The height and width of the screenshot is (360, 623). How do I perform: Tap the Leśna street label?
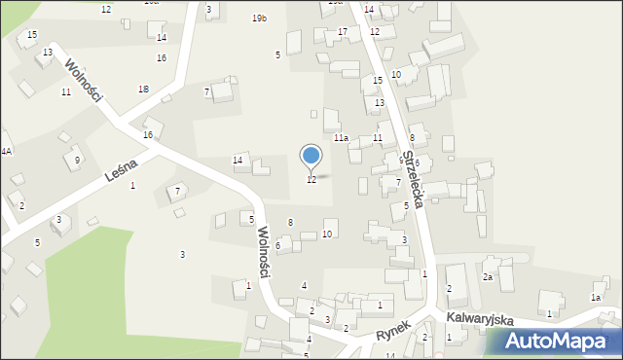coord(121,175)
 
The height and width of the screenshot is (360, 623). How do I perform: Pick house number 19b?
coord(259,18)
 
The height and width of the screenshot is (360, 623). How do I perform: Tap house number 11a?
coord(341,138)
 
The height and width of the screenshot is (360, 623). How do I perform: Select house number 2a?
coord(488,277)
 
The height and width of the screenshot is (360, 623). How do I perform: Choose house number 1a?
coord(596,298)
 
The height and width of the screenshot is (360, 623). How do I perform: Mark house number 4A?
coord(6,151)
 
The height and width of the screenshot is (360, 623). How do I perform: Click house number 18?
coord(144,89)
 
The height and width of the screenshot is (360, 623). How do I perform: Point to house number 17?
coord(342,32)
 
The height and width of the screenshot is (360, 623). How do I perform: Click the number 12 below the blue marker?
coord(311,180)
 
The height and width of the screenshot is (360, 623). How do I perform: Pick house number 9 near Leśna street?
coord(77,161)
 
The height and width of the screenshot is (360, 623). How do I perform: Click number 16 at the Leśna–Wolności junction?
coord(148,134)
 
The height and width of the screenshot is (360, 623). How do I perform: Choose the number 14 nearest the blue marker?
coord(237,160)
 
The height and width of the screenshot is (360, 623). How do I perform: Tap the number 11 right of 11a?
coord(377,138)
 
